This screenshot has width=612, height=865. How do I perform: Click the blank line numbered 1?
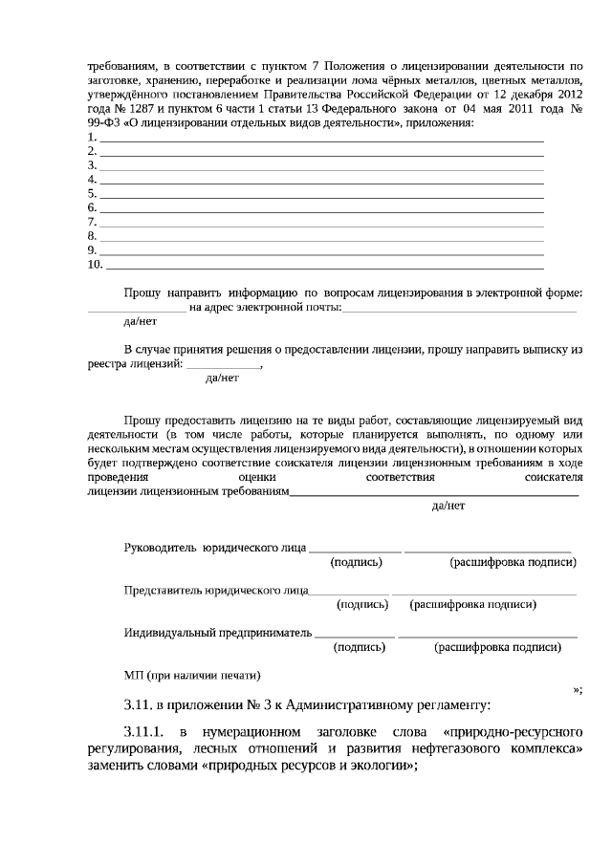(x=321, y=139)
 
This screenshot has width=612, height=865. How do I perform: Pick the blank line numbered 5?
(x=321, y=194)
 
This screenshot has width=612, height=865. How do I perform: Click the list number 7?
(x=92, y=222)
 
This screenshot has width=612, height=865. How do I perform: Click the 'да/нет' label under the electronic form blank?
(x=127, y=322)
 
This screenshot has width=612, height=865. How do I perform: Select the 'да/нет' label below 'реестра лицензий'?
(x=223, y=378)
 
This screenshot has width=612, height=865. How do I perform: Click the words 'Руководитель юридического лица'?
(x=214, y=548)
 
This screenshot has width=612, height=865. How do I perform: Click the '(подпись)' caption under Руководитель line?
(x=356, y=563)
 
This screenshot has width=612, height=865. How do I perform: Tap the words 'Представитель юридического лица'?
(x=215, y=591)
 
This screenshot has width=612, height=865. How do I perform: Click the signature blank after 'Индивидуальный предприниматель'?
(x=355, y=633)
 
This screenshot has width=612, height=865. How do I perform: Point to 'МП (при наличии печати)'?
(x=192, y=675)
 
